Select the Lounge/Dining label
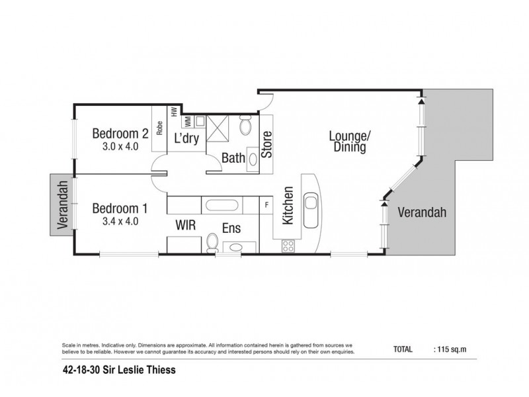click(350, 142)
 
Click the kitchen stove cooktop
click(289, 245)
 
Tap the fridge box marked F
click(266, 204)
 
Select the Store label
click(267, 146)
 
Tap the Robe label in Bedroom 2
click(159, 126)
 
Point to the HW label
click(174, 112)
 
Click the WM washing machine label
click(187, 121)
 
